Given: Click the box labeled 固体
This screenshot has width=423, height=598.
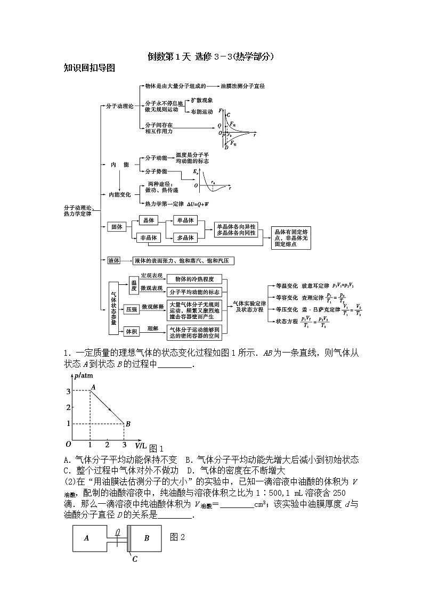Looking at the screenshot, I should [116, 227].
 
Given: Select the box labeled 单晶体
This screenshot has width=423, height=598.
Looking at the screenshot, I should [185, 220].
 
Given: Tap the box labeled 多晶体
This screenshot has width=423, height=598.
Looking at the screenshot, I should [185, 238].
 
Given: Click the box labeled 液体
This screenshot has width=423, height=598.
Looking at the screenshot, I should [113, 260].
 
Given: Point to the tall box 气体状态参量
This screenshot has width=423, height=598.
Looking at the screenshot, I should [113, 308].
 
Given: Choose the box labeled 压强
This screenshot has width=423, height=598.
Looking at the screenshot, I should [131, 308].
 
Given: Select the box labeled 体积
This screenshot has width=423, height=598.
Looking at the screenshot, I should [131, 332].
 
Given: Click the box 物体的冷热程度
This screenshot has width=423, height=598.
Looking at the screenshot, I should [194, 279].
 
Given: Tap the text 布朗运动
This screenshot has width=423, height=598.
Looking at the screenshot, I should [201, 111].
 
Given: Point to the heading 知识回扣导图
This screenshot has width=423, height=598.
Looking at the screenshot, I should [90, 68].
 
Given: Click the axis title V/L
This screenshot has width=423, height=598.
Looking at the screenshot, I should [141, 444].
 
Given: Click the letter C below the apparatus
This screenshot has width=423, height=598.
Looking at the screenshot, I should [135, 559].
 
